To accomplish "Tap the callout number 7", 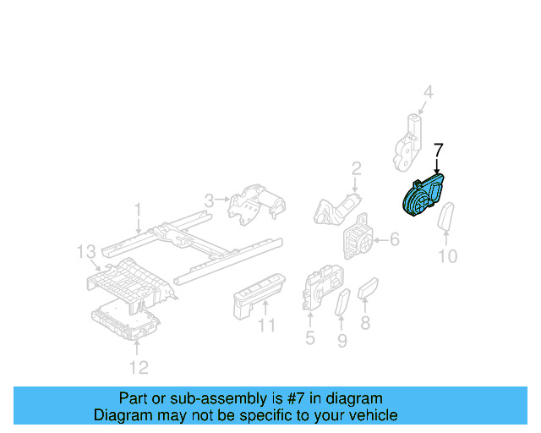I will (x=438, y=151).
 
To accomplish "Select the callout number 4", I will (x=428, y=93).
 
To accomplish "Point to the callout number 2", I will (x=357, y=167).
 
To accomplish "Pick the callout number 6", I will (x=395, y=240).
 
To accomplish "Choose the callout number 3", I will (x=208, y=200).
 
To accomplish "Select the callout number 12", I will (x=139, y=366).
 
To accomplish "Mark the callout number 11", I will (x=267, y=326).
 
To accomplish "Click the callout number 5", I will (x=309, y=339).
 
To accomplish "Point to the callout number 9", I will (x=342, y=341).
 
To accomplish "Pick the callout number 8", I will (x=365, y=322).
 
